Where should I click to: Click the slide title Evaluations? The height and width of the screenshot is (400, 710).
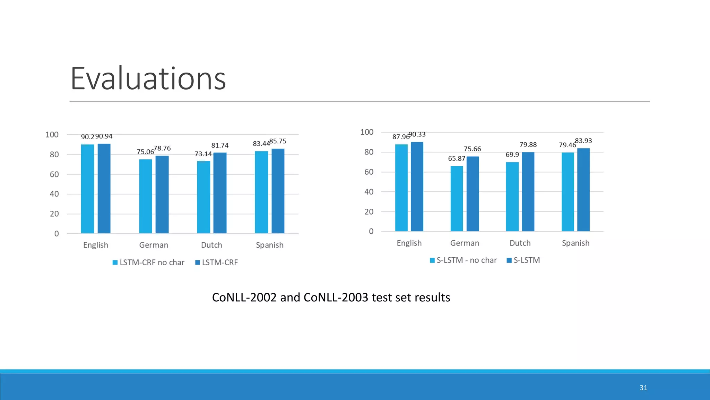click(x=148, y=79)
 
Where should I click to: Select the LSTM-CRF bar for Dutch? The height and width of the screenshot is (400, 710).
click(x=220, y=193)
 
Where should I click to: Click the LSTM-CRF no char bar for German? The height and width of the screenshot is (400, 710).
click(x=146, y=196)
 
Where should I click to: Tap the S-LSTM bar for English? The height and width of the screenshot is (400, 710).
click(x=417, y=186)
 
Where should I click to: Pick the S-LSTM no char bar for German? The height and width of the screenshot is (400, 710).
click(x=457, y=199)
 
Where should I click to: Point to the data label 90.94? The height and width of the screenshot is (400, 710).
click(x=104, y=136)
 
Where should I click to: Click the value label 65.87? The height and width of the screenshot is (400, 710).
click(x=457, y=158)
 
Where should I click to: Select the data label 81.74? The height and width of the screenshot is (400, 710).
click(x=220, y=145)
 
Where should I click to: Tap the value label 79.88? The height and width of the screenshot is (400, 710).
click(x=528, y=144)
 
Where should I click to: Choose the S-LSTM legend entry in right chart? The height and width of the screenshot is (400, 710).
click(x=526, y=260)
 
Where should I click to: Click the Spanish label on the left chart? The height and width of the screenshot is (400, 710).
click(x=269, y=245)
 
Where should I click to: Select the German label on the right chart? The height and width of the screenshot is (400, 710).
click(x=465, y=243)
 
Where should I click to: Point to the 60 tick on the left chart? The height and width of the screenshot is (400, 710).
click(x=54, y=174)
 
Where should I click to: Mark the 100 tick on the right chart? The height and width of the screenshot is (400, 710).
click(x=367, y=132)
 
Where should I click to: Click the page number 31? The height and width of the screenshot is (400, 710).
click(x=643, y=388)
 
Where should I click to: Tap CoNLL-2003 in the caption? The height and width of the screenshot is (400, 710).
click(x=336, y=298)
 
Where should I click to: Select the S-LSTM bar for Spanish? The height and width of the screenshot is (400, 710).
click(x=583, y=190)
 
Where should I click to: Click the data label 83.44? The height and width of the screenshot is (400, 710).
click(x=261, y=143)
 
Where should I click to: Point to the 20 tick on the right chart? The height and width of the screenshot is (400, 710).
click(x=369, y=211)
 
